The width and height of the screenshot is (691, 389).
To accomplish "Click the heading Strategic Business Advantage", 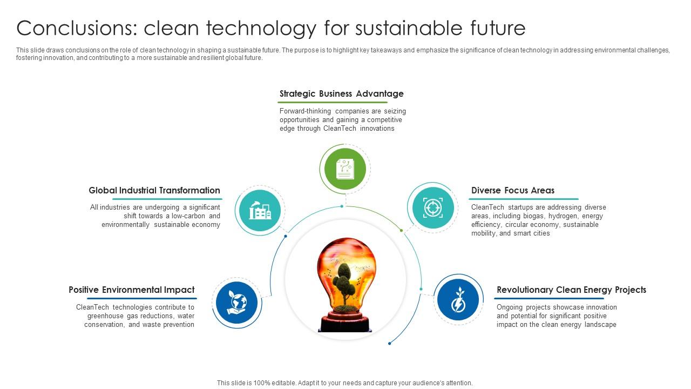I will click(x=341, y=94).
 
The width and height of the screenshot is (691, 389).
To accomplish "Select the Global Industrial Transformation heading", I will click(x=154, y=191).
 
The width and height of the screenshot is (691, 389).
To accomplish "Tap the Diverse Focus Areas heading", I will click(x=512, y=191).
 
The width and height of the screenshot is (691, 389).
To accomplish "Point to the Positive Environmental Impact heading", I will click(x=131, y=290).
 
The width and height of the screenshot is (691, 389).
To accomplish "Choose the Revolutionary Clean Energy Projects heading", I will click(x=571, y=290).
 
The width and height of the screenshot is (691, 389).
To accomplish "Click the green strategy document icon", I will click(x=345, y=169).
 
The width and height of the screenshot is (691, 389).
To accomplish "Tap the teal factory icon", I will click(x=260, y=210).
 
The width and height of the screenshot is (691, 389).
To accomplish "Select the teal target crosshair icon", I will click(x=432, y=207).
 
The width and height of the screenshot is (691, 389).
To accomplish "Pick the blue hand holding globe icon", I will click(x=236, y=302).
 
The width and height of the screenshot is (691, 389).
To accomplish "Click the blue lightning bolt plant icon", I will click(x=458, y=300).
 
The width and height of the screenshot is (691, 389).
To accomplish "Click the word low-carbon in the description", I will click(x=189, y=216).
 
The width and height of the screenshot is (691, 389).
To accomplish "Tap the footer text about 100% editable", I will click(x=344, y=383).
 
